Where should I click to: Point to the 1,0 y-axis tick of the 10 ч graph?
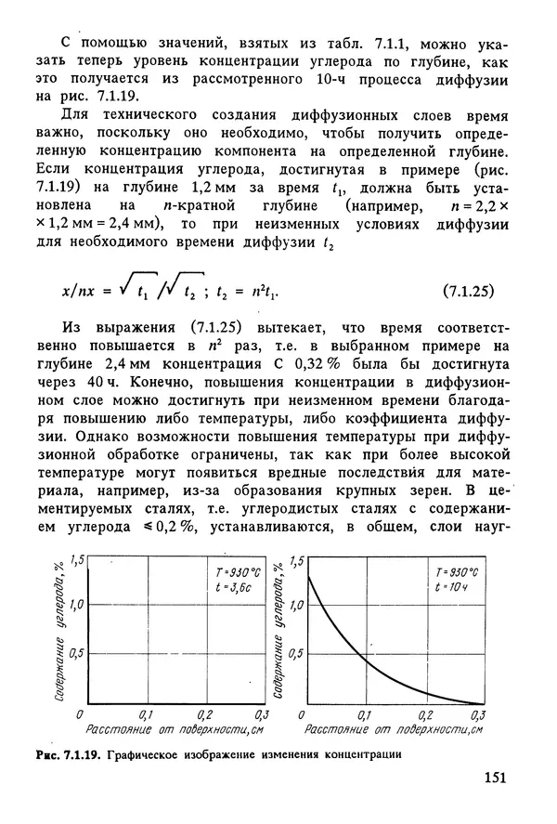294,605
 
